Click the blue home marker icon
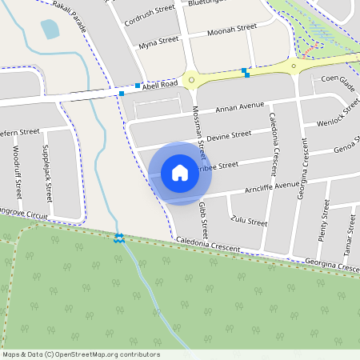coord(180,173)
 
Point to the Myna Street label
coord(158,43)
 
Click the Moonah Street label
coord(232,29)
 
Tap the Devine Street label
coord(229,135)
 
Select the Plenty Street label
coord(324,221)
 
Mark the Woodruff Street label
coord(18,171)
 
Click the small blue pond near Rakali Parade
coord(50,30)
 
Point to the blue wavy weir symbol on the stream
coord(118,238)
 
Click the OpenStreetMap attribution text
coord(81,354)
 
